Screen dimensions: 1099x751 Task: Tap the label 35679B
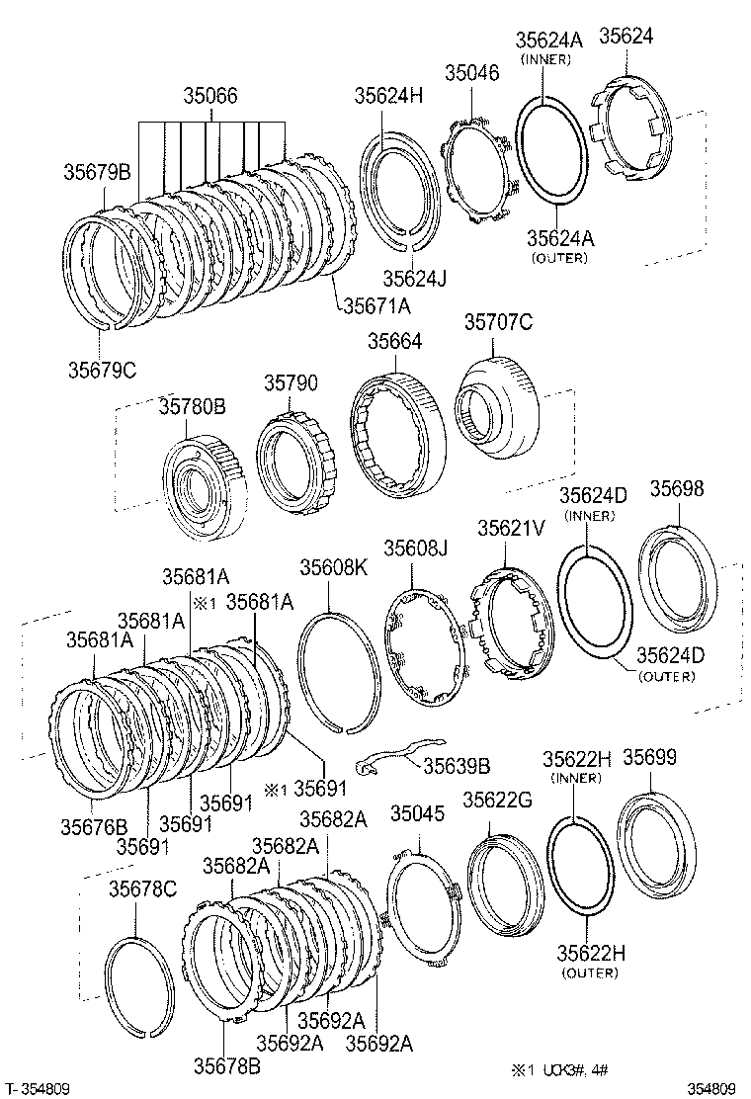tap(97, 171)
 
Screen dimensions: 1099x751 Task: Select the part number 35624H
tap(388, 95)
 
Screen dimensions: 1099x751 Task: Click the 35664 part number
tap(395, 340)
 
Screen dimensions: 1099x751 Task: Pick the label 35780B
tap(193, 405)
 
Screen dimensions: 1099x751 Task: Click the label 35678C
tap(142, 889)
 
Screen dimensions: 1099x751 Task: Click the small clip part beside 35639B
tap(389, 757)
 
